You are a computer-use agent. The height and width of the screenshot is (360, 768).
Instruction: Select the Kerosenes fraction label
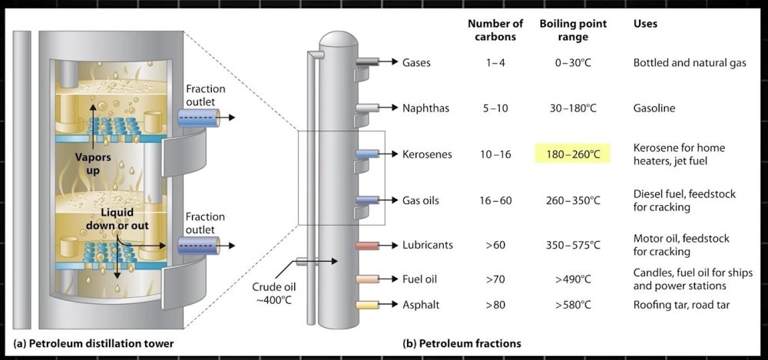[427, 154]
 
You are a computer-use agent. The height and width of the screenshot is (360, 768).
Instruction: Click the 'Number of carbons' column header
[496, 30]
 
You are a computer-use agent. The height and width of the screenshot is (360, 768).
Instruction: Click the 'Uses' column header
[644, 24]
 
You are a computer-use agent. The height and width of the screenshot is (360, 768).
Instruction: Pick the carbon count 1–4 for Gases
[495, 62]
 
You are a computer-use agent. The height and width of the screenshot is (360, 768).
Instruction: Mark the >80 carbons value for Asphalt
[495, 305]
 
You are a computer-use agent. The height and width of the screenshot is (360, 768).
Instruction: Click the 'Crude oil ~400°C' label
[273, 293]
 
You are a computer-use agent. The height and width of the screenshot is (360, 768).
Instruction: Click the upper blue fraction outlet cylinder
[199, 117]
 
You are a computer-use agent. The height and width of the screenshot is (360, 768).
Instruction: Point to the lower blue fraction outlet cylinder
[199, 246]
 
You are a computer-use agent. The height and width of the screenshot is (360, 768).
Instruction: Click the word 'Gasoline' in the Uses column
[654, 108]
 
